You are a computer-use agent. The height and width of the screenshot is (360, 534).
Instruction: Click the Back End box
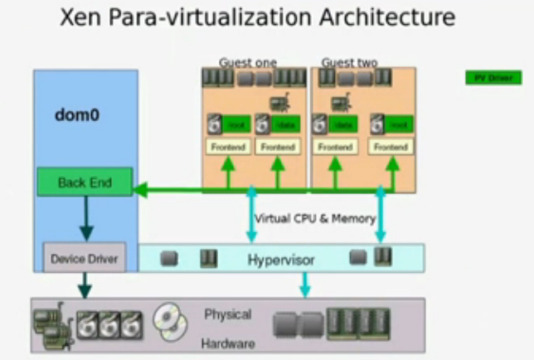[85, 182]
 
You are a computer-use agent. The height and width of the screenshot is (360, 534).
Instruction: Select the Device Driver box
[84, 259]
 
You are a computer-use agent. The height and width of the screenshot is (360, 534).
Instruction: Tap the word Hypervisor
[281, 260]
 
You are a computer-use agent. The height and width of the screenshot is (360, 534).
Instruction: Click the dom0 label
[77, 114]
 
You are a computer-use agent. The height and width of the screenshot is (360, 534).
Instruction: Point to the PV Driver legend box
[493, 77]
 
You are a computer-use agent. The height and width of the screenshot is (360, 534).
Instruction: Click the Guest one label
[248, 62]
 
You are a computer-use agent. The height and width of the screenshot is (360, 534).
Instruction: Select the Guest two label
[349, 62]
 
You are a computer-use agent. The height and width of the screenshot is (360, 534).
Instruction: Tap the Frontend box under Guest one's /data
[277, 147]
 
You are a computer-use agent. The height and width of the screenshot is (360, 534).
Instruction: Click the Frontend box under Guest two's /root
[391, 147]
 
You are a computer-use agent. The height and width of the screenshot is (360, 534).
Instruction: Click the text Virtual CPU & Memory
[314, 219]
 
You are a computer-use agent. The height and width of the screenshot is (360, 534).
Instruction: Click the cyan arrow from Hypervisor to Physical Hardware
[304, 284]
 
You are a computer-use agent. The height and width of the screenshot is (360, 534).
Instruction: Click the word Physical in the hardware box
[227, 315]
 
